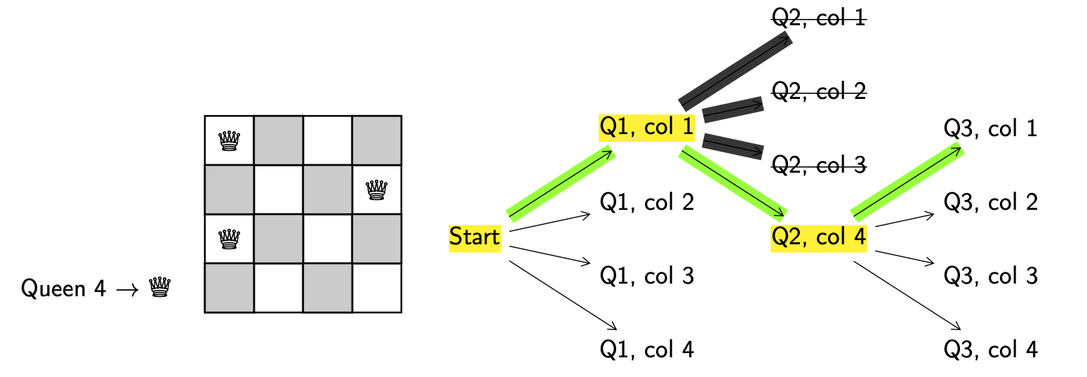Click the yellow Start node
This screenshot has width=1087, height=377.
coord(474,237)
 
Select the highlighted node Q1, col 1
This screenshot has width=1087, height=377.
coord(646,128)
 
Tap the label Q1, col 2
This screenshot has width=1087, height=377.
coord(646,202)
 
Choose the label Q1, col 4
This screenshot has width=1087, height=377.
coord(646,349)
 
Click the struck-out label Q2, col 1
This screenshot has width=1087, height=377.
coord(819,18)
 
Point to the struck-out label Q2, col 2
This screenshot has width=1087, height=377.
coord(819,91)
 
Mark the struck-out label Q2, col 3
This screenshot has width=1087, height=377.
coord(819,165)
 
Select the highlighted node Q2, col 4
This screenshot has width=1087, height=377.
coord(819,237)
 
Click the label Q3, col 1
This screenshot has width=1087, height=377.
coord(990,129)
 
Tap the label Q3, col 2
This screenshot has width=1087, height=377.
coord(990,202)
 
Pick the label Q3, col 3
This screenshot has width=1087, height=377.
coord(990,276)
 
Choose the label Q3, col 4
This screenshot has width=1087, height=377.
coord(990,349)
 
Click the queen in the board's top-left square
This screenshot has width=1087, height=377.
coord(229,140)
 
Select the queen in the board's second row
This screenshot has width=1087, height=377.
coord(377,190)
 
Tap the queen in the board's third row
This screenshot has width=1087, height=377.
coord(229,239)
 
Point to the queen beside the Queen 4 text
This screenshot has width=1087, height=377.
coord(161,288)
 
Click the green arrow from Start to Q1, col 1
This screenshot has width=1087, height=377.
coord(561,184)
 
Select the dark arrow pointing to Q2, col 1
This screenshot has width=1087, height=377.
coord(735,71)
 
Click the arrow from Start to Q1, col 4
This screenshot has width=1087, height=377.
coord(562,295)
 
